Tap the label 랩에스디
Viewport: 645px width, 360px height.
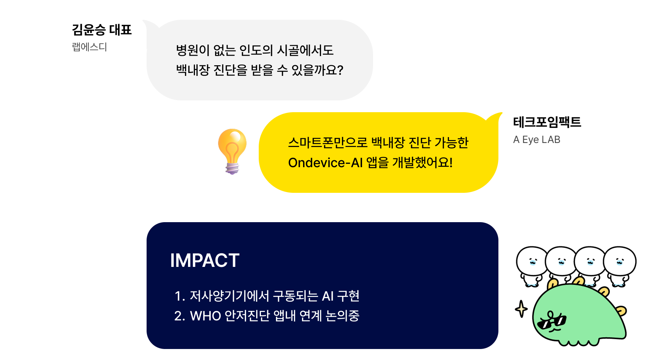[x=89, y=47]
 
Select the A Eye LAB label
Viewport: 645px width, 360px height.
[x=537, y=140]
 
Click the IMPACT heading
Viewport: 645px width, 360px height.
[x=204, y=261]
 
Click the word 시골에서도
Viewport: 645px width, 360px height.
[x=305, y=50]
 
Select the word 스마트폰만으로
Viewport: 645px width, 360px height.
[x=327, y=143]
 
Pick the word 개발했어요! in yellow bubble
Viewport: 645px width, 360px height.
[x=422, y=162]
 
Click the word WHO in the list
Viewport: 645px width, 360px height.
[x=205, y=316]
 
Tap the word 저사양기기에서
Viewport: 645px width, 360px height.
[x=229, y=296]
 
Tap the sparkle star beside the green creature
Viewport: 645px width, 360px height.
[x=521, y=309]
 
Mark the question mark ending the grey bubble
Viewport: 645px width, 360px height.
[x=340, y=70]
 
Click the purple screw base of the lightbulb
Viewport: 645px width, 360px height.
[x=232, y=168]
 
